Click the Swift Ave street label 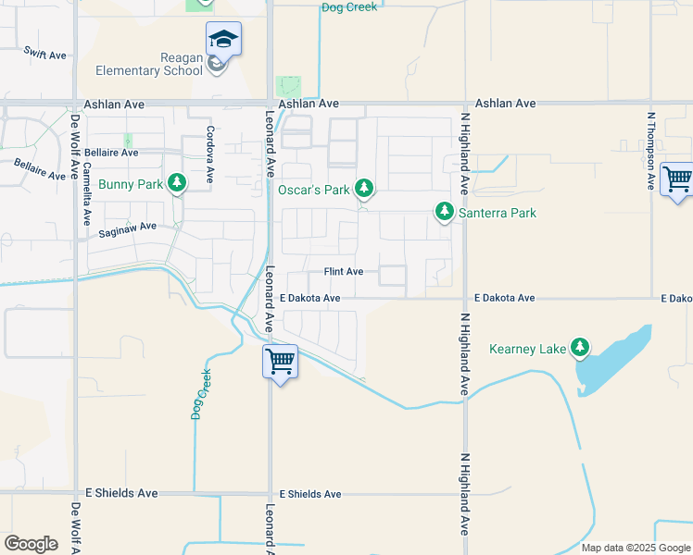45,55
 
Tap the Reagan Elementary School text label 148,64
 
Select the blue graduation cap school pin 223,40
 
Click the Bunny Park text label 131,184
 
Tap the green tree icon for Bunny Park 176,183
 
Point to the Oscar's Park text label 314,190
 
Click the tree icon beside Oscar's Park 364,189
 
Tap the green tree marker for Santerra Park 445,213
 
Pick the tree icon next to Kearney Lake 580,348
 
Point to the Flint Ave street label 343,272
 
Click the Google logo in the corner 31,543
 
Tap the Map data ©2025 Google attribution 636,548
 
